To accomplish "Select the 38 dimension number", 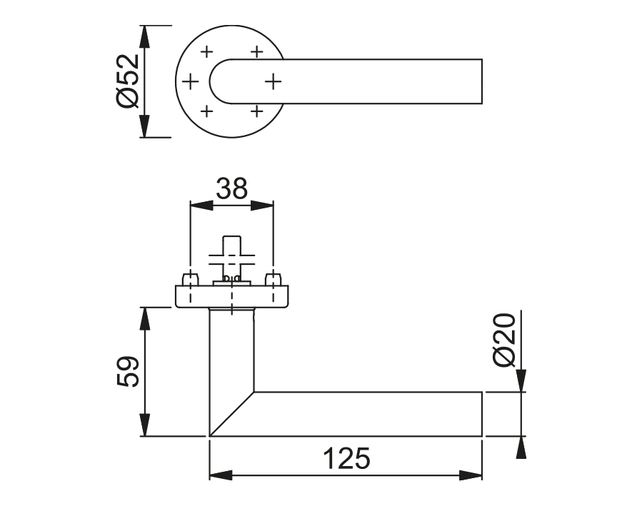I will [231, 188].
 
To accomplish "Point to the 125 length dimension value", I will [346, 458].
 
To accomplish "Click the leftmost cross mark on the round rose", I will [190, 82].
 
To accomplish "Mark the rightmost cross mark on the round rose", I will [274, 82].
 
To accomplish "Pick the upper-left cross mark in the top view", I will [207, 52].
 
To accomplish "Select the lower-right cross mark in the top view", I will [256, 111].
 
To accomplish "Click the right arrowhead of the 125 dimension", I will [471, 475].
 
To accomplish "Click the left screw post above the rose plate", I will [191, 279].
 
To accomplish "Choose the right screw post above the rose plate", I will [271, 279].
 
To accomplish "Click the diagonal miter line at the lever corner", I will [232, 413].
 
